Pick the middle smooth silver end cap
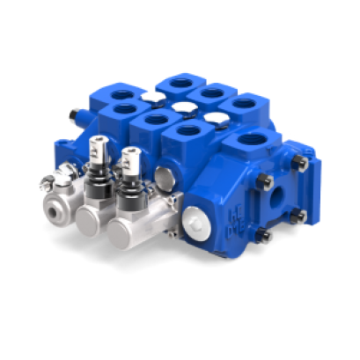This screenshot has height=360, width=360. pyautogui.click(x=89, y=219)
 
